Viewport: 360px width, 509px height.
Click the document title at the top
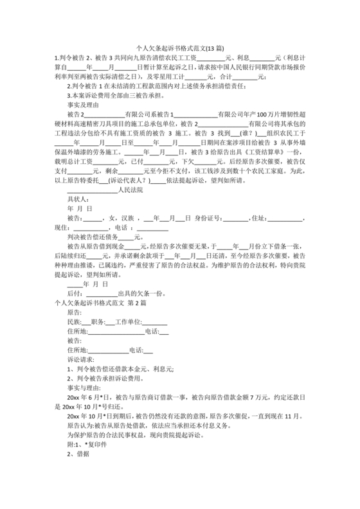pyautogui.click(x=180, y=47)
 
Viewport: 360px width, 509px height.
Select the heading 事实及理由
pyautogui.click(x=83, y=103)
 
